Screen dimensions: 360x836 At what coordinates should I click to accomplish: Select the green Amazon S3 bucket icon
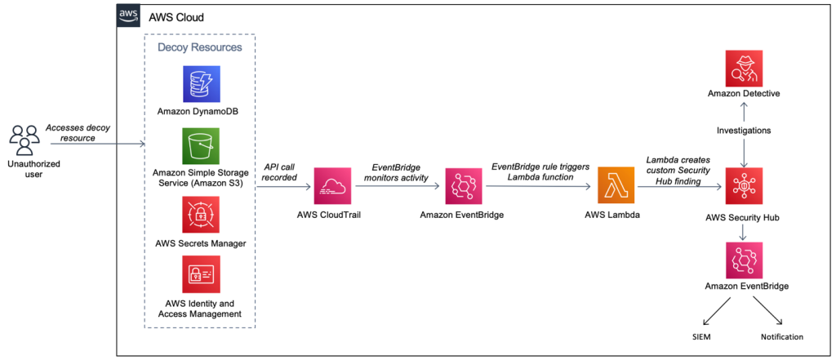pyautogui.click(x=200, y=146)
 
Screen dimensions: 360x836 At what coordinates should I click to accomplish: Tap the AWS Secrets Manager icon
pyautogui.click(x=200, y=216)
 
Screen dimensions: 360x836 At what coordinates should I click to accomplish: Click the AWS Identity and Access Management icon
pyautogui.click(x=200, y=278)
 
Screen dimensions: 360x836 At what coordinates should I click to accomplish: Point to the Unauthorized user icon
pyautogui.click(x=25, y=139)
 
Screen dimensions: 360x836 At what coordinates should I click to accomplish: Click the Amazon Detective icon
pyautogui.click(x=743, y=68)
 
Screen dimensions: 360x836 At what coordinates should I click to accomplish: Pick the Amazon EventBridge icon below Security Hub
pyautogui.click(x=743, y=260)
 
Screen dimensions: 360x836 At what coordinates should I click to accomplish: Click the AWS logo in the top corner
pyautogui.click(x=128, y=16)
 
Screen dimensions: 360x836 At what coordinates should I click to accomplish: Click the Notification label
pyautogui.click(x=782, y=336)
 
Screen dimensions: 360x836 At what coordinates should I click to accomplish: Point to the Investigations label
pyautogui.click(x=743, y=131)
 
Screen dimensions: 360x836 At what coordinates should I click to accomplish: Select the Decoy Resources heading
pyautogui.click(x=199, y=47)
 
